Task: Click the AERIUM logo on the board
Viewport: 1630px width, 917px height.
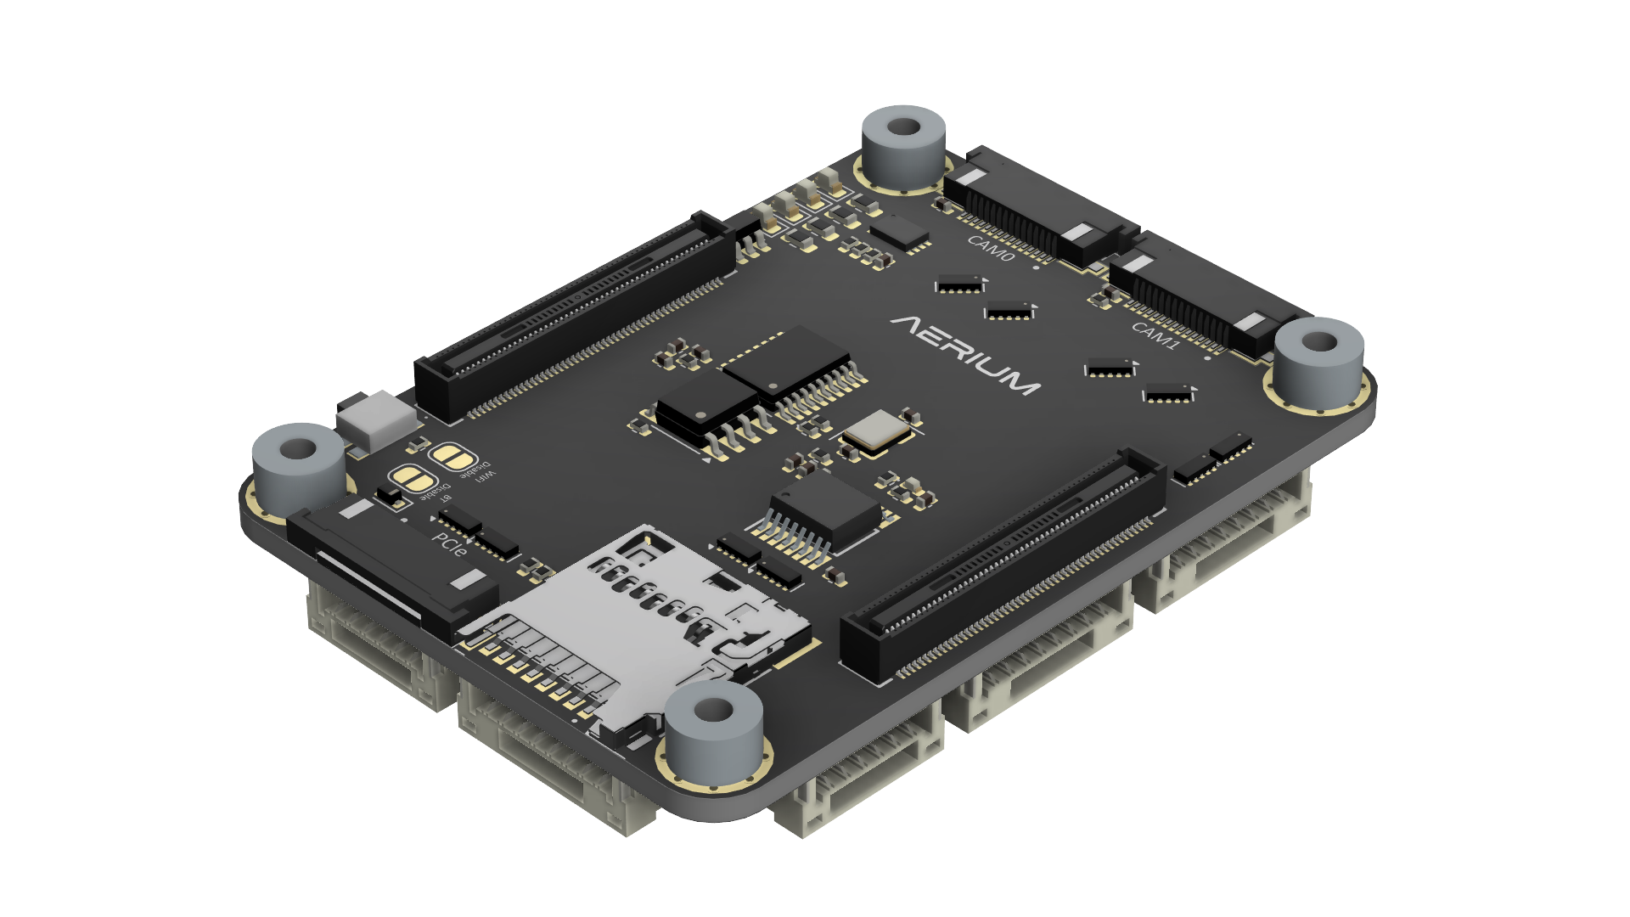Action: (965, 354)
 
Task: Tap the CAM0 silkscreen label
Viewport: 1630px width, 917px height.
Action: (990, 248)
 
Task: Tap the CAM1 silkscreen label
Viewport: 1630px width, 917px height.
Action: (1155, 335)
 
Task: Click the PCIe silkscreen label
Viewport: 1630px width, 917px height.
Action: (449, 544)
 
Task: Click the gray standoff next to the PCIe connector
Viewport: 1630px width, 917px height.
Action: (298, 467)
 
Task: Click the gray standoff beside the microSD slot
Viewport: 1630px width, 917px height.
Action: (713, 730)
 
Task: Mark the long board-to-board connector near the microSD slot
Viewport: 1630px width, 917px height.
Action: (1002, 569)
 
